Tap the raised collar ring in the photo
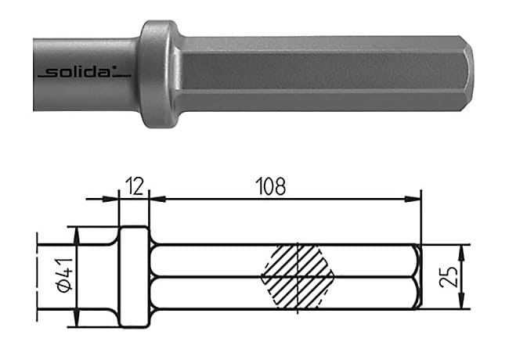pos(157,74)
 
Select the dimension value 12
pos(132,186)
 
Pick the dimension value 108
pos(271,186)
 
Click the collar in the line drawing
pos(134,277)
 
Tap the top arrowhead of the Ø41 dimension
pos(76,232)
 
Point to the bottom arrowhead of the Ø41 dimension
pos(76,322)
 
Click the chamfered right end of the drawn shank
pos(417,277)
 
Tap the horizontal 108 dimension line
pos(282,199)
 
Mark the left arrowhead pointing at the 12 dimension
pos(112,199)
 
